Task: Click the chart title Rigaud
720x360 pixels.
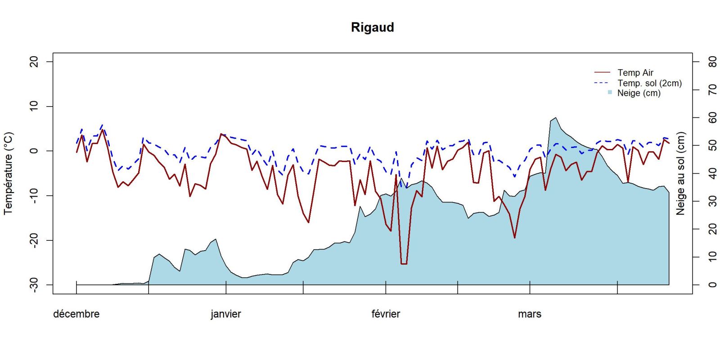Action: click(372, 27)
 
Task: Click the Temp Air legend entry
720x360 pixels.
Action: click(635, 72)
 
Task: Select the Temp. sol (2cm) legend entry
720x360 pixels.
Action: click(649, 83)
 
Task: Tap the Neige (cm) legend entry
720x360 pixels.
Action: click(639, 93)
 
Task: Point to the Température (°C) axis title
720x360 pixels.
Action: click(9, 173)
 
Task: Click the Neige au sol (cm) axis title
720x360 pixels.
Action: click(680, 173)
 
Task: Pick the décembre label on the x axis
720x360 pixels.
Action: click(76, 314)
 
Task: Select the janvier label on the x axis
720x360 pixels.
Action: click(225, 314)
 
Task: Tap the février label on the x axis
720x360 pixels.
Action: click(386, 314)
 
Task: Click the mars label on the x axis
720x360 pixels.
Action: click(529, 314)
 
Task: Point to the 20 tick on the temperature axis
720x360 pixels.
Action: click(34, 62)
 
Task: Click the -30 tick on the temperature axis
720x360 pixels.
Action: click(34, 285)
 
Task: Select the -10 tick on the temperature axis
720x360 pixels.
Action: click(34, 196)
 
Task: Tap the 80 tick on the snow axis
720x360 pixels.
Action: click(712, 62)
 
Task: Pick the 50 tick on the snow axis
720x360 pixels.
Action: click(712, 145)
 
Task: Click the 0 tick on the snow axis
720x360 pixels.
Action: click(712, 285)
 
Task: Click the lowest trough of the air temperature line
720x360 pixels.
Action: click(404, 264)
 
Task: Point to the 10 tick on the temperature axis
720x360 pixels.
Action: click(34, 106)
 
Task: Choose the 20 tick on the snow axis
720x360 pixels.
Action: click(712, 229)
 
